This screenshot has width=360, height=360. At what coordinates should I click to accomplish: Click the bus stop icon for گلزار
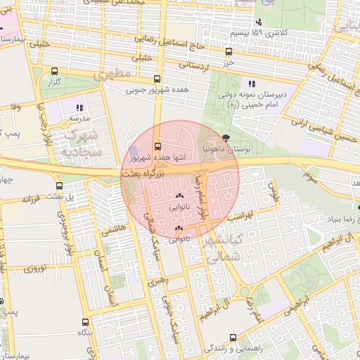click(55, 71)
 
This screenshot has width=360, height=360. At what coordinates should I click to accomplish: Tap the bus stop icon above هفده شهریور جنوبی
click(156, 79)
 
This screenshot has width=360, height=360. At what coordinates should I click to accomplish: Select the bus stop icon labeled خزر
click(228, 51)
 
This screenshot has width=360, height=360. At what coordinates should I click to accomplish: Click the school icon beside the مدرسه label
click(79, 108)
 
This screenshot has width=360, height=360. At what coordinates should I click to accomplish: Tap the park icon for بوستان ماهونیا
click(225, 139)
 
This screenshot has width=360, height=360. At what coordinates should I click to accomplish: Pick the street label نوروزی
click(35, 269)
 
